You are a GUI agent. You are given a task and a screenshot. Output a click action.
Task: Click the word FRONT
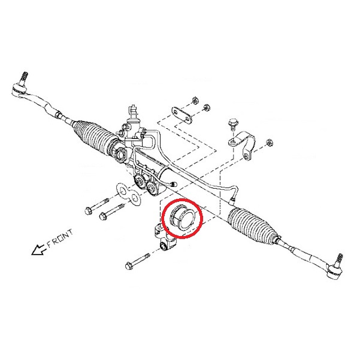click(60, 239)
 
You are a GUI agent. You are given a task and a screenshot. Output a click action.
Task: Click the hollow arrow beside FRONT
click(38, 250)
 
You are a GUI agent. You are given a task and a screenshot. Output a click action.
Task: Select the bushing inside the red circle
click(182, 217)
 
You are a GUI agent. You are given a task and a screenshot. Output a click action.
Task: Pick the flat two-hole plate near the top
click(181, 115)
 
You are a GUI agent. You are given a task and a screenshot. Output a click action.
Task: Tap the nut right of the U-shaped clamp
click(270, 143)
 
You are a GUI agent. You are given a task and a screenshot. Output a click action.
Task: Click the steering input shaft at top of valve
click(133, 111)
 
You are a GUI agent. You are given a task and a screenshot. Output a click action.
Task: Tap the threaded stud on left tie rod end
click(25, 77)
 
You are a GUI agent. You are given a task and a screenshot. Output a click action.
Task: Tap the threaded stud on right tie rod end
click(340, 259)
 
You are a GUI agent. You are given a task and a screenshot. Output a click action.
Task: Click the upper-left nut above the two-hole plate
click(195, 100)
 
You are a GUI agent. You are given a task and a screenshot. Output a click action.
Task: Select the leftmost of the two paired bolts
click(96, 205)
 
